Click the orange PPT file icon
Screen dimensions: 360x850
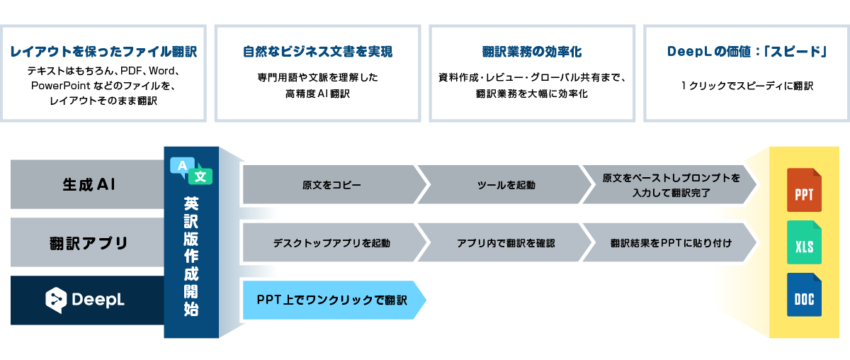804,190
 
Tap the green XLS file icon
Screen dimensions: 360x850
804,243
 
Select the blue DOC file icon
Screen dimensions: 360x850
804,295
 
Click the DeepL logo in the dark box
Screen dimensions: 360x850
86,300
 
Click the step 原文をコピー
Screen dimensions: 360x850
331,185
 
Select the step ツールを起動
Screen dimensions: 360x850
506,185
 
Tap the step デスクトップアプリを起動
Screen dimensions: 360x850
331,243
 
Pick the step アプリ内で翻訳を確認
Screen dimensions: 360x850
506,243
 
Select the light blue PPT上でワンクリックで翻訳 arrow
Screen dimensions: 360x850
332,300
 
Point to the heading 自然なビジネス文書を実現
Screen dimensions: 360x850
317,52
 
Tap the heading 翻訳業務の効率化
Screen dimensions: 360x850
531,52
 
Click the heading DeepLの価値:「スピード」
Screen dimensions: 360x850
746,52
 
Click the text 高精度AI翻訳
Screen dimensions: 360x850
317,93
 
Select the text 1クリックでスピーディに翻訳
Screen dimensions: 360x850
746,86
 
